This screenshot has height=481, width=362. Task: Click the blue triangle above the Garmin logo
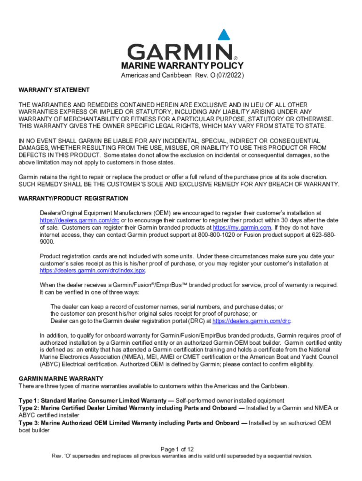pos(224,35)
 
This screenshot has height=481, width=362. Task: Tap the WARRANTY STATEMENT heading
pos(54,90)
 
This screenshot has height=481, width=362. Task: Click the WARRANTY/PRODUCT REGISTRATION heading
pos(73,199)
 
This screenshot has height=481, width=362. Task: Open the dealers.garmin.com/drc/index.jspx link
pos(93,271)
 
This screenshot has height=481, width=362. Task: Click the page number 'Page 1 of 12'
pos(181,450)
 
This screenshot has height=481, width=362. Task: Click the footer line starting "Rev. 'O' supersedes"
pos(181,456)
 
